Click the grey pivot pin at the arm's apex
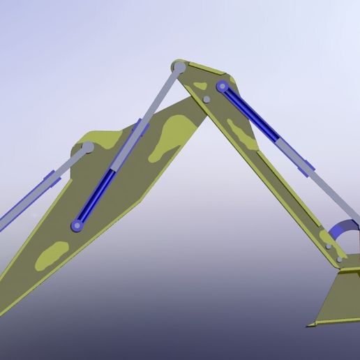[x=179, y=67]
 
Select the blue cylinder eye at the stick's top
[x=223, y=87]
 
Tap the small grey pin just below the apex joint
[x=207, y=100]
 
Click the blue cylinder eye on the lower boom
[x=77, y=225]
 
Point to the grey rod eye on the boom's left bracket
[x=88, y=148]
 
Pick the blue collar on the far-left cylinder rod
[x=50, y=177]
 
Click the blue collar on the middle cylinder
[x=137, y=128]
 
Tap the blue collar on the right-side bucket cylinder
[x=306, y=166]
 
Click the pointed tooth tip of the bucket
[x=308, y=325]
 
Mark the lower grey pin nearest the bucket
[x=340, y=260]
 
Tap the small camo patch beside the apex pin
[x=200, y=86]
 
